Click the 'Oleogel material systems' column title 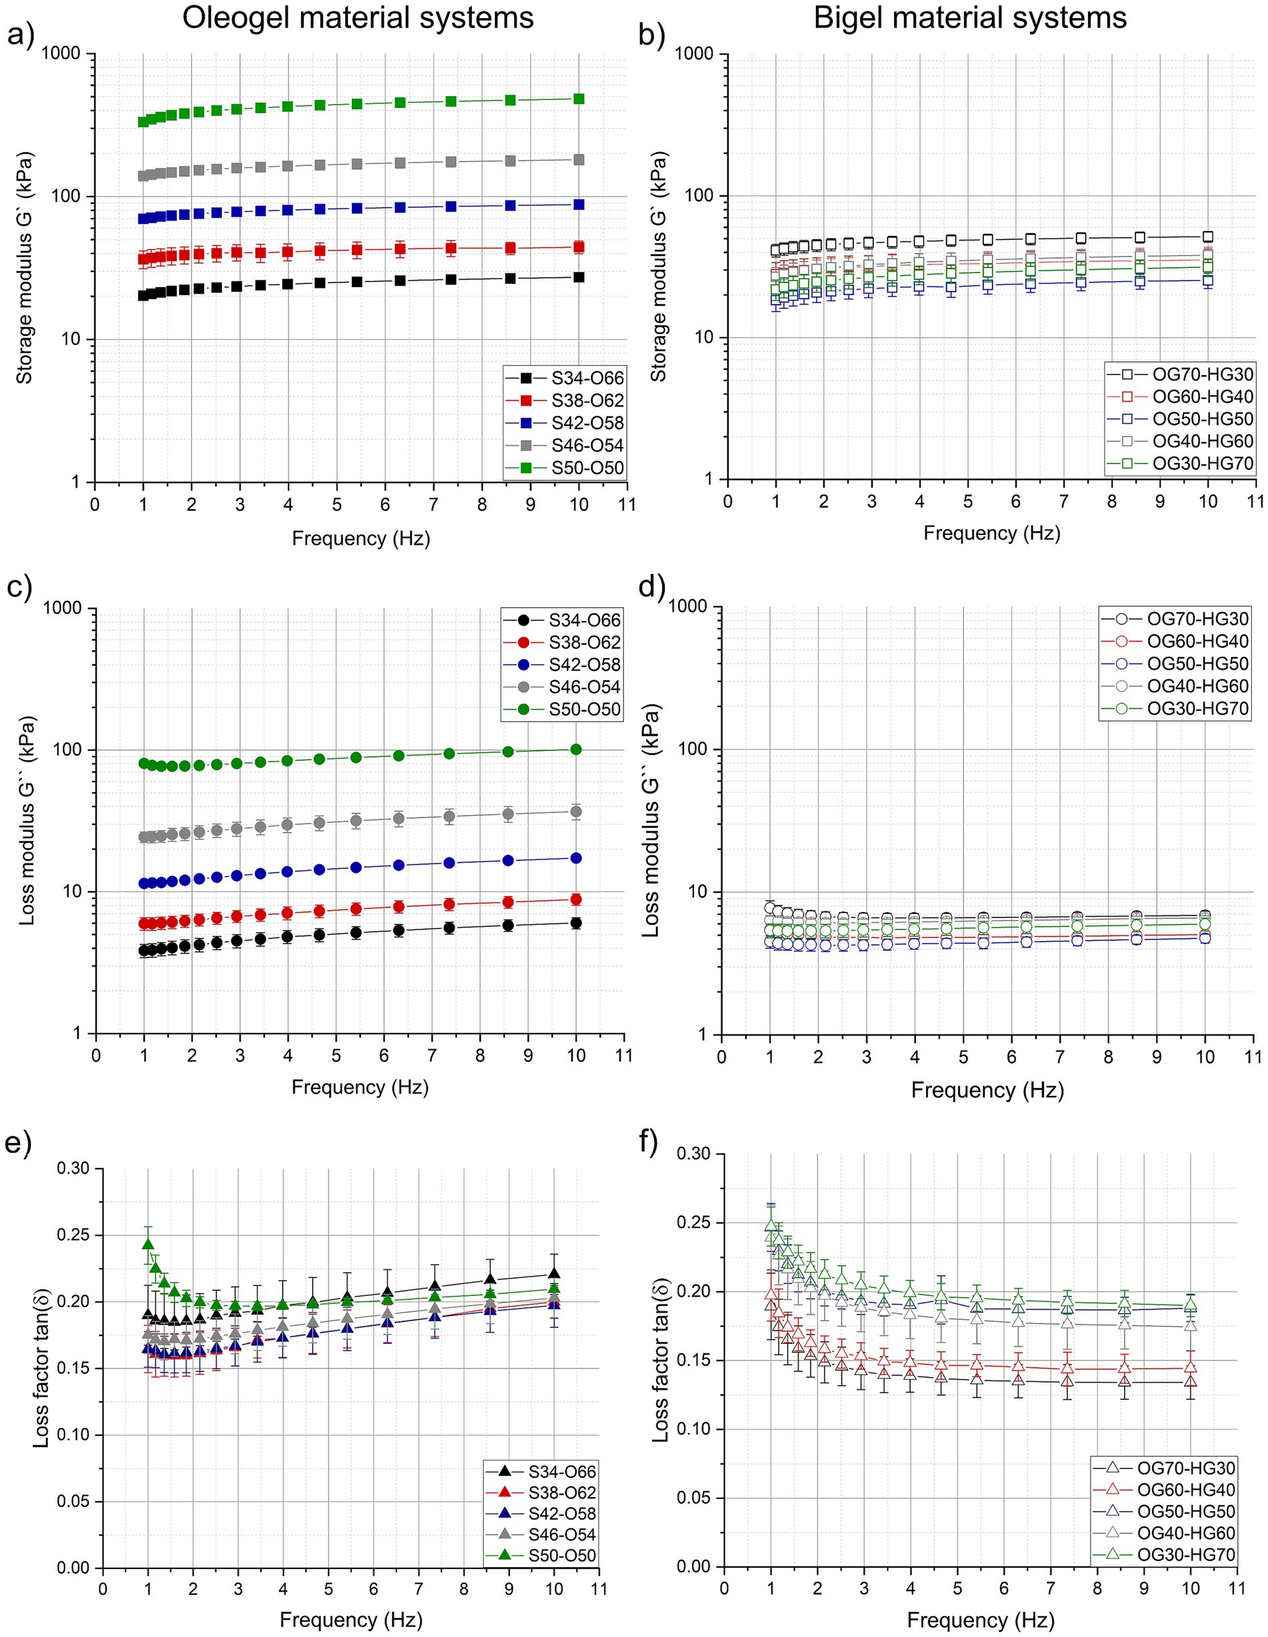tap(358, 18)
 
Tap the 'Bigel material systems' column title tap(969, 18)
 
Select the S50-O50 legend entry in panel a tap(587, 468)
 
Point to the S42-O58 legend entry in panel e tap(561, 1513)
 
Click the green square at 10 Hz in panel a tap(579, 99)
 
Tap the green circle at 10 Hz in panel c tap(576, 749)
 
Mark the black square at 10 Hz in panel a tap(579, 277)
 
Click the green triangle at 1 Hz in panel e tap(149, 1243)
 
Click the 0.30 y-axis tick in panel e tap(73, 1169)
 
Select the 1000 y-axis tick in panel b tap(693, 53)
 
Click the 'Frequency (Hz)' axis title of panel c tap(360, 1087)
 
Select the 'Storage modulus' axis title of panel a tap(25, 269)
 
